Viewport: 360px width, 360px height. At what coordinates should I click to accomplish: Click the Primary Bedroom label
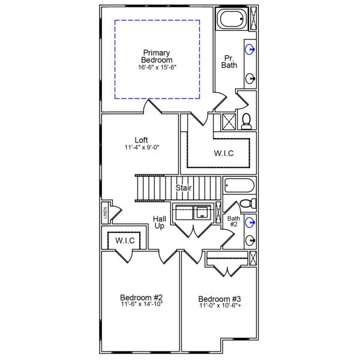[157, 56]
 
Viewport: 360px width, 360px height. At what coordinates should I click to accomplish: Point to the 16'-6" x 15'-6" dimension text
[157, 68]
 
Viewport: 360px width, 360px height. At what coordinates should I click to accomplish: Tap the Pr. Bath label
[229, 61]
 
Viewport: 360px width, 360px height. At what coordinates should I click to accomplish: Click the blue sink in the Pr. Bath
[250, 47]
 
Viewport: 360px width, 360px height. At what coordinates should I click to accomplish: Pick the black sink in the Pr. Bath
[250, 78]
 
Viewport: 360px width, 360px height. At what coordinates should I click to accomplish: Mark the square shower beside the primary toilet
[229, 122]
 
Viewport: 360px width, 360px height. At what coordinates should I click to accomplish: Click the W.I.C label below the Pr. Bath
[223, 153]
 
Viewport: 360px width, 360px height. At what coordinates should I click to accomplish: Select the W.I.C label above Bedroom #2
[125, 241]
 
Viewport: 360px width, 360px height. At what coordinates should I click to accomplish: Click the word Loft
[142, 140]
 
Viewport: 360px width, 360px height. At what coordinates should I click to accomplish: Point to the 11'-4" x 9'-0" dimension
[142, 148]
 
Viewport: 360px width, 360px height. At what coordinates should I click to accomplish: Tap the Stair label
[184, 188]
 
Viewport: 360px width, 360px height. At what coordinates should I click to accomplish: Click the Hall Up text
[159, 223]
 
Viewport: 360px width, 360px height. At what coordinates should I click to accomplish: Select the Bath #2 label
[233, 222]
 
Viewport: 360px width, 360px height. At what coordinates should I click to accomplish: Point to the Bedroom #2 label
[141, 297]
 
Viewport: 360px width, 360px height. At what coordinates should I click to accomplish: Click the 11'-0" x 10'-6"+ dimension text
[220, 306]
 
